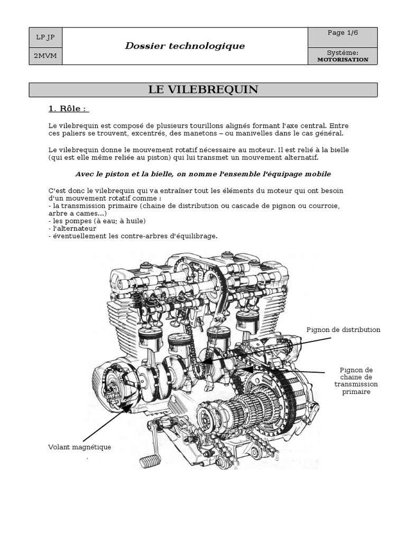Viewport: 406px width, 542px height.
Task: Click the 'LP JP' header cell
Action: pos(45,37)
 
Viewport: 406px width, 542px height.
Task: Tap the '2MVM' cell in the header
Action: pos(45,56)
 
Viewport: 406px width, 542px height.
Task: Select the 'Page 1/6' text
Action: pos(343,33)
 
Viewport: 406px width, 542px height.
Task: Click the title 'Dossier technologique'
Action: pos(184,46)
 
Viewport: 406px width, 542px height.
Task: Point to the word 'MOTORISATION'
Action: pos(343,59)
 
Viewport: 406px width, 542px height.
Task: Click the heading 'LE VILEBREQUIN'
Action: pos(203,89)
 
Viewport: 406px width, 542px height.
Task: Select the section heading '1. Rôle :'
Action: pos(68,109)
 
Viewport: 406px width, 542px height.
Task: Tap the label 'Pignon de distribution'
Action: pos(344,330)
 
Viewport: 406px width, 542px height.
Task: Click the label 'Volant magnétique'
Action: pos(79,447)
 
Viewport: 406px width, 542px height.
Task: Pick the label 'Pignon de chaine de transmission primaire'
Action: pos(356,381)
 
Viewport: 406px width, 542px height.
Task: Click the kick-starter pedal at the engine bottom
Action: pos(149,461)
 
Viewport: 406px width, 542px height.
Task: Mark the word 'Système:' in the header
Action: pos(343,53)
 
